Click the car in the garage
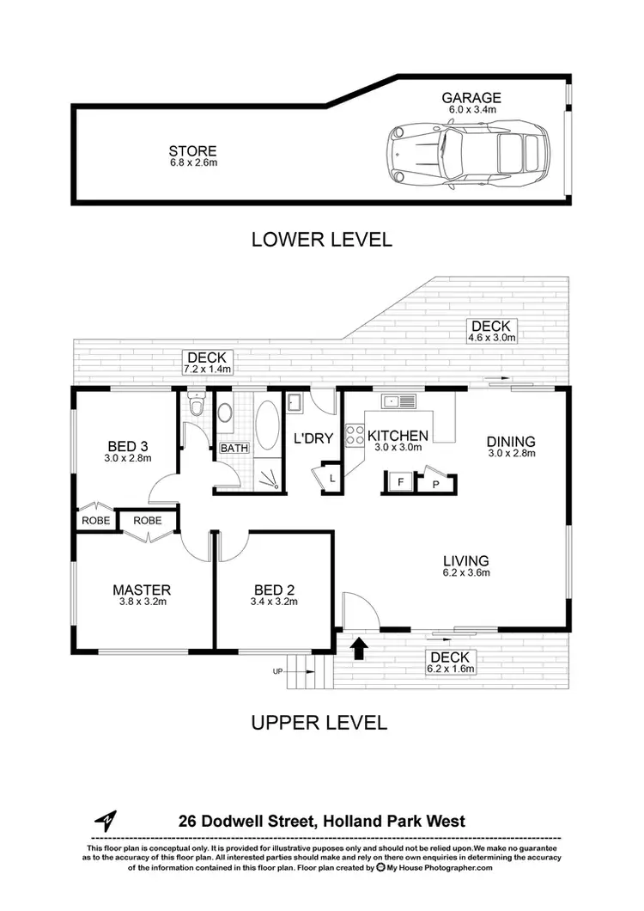coord(466,155)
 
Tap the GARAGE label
coord(472,98)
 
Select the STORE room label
coord(193,151)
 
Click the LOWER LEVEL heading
coord(321,240)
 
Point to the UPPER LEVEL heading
coord(319,722)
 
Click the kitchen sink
coord(399,400)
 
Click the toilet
coord(197,406)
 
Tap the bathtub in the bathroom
coord(267,424)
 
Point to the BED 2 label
coord(275,590)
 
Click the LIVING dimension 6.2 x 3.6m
coord(467,572)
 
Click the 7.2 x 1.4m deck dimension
coord(207,369)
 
